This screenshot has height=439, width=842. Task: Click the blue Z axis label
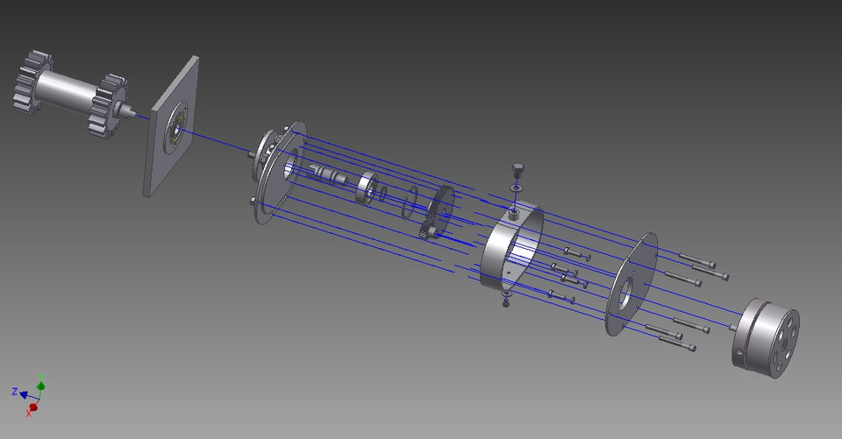click(x=15, y=391)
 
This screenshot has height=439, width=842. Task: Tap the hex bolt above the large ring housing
click(x=516, y=166)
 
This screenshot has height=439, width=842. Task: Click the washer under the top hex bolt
click(x=516, y=187)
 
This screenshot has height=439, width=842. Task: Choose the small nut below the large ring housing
click(x=506, y=302)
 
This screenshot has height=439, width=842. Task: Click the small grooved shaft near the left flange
click(x=333, y=175)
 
